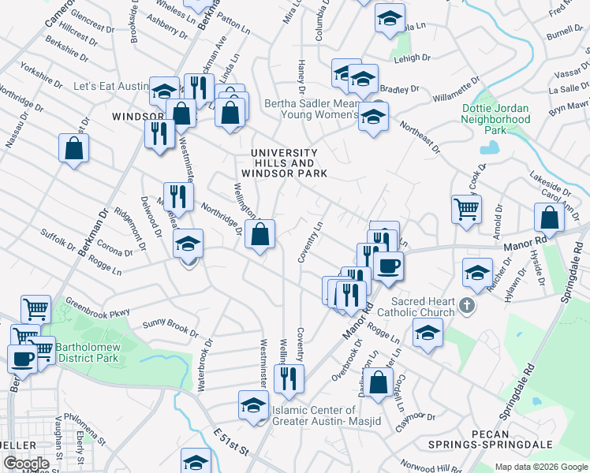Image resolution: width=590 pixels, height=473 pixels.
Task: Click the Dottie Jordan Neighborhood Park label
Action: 496,119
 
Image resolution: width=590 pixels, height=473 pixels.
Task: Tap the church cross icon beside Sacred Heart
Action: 467,305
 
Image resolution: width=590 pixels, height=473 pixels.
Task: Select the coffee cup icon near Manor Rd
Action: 388,266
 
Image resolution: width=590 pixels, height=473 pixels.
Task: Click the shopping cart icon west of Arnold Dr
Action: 466,210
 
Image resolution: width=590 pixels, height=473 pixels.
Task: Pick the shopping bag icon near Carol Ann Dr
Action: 549,218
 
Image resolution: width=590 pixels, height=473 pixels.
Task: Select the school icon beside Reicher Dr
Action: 477,273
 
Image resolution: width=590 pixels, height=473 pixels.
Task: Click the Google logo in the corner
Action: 26,464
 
